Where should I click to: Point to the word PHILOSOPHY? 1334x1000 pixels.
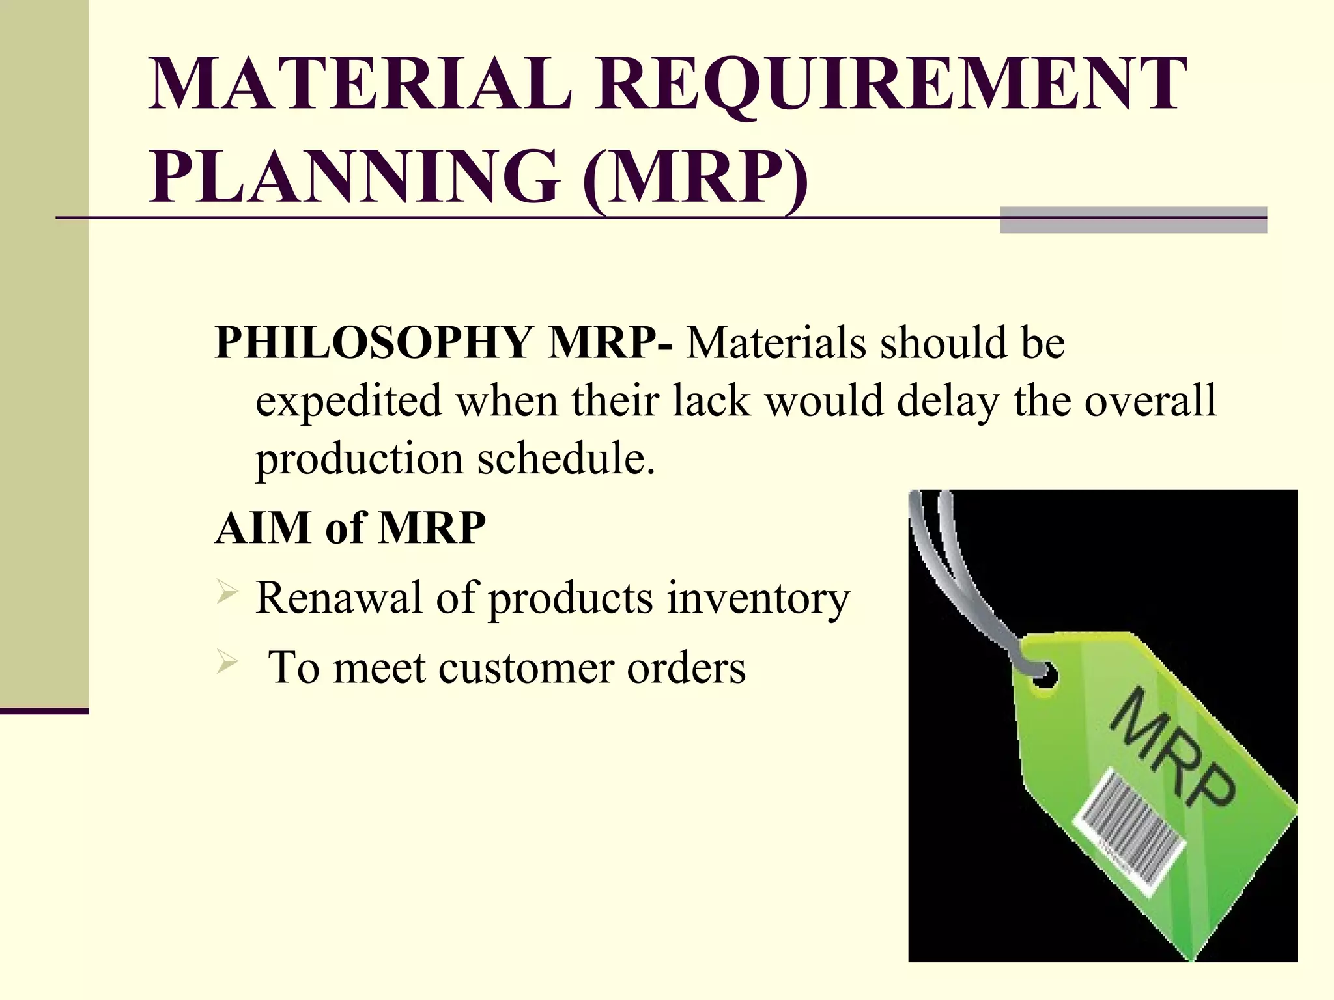click(x=374, y=343)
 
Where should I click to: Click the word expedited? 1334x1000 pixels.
click(x=348, y=401)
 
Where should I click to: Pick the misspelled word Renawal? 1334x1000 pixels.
click(x=339, y=598)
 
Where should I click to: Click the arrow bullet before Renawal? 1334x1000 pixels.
click(x=226, y=593)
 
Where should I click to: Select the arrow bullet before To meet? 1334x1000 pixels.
click(x=226, y=663)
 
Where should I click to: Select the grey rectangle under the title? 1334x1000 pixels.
click(x=1133, y=220)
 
